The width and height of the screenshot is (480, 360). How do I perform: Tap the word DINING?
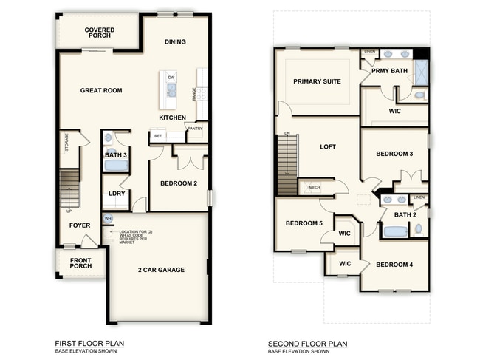tap(175, 42)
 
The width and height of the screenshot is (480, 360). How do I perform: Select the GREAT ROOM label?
tap(100, 90)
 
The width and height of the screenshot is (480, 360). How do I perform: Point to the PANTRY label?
tap(195, 129)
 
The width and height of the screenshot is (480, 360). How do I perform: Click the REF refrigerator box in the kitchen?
tap(157, 136)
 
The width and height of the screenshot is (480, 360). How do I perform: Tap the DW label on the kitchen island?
tap(171, 77)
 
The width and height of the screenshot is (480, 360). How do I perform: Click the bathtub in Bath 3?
tap(115, 166)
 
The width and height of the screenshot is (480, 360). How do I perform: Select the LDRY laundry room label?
tap(116, 194)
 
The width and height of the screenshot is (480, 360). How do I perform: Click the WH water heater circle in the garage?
tap(108, 219)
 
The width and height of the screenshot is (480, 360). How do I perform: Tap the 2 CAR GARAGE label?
tap(160, 270)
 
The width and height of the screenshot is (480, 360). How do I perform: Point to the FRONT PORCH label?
tap(80, 264)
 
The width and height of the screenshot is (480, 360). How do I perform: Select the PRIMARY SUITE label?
tap(317, 81)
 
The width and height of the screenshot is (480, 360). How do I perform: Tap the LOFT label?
tap(327, 147)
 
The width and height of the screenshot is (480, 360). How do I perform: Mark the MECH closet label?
tap(314, 187)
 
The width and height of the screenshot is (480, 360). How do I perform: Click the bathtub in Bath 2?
tap(395, 231)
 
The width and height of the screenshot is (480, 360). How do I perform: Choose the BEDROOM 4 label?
tap(394, 265)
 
